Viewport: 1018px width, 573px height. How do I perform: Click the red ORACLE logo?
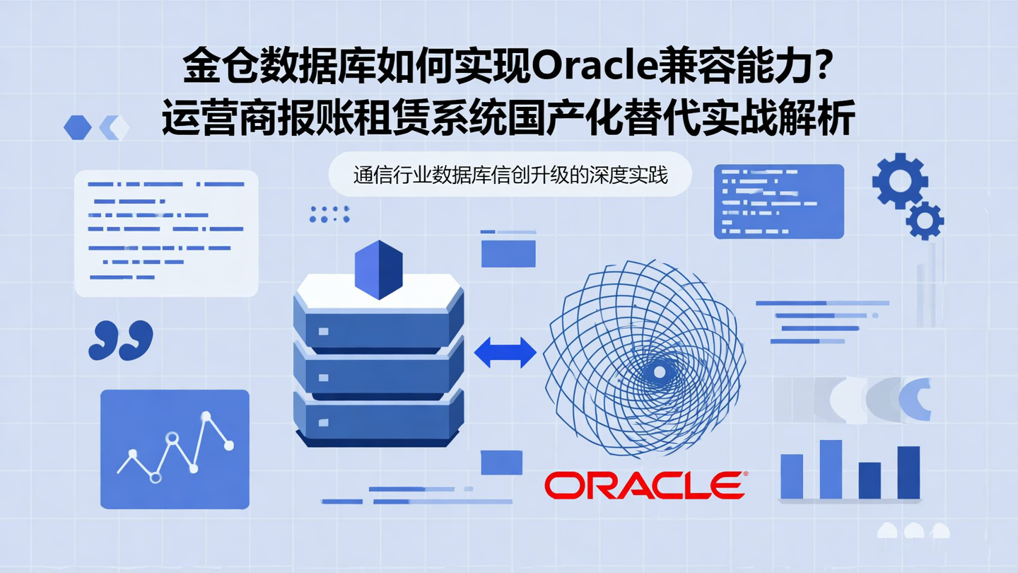pyautogui.click(x=644, y=485)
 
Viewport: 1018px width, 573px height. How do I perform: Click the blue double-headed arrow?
pyautogui.click(x=505, y=352)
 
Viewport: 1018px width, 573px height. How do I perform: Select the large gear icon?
pyautogui.click(x=899, y=180)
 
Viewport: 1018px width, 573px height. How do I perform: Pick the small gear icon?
pyautogui.click(x=925, y=221)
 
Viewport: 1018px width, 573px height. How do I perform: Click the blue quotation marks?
pyautogui.click(x=121, y=340)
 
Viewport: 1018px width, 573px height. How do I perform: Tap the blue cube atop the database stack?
pyautogui.click(x=378, y=270)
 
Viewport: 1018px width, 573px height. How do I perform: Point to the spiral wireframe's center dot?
pyautogui.click(x=659, y=372)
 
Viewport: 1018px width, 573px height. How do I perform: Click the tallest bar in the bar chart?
pyautogui.click(x=831, y=469)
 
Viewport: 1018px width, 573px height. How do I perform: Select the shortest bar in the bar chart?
pyautogui.click(x=870, y=480)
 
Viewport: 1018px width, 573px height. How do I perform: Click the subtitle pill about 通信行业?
pyautogui.click(x=510, y=175)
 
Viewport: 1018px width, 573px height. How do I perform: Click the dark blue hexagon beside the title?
pyautogui.click(x=77, y=127)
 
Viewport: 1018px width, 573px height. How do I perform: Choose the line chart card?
pyautogui.click(x=175, y=449)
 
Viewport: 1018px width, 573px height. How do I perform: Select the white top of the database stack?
pyautogui.click(x=378, y=291)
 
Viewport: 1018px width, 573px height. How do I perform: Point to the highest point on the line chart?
pyautogui.click(x=206, y=416)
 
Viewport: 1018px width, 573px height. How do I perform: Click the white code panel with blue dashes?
pyautogui.click(x=166, y=233)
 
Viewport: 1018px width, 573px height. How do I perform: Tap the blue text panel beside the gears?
pyautogui.click(x=778, y=201)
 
